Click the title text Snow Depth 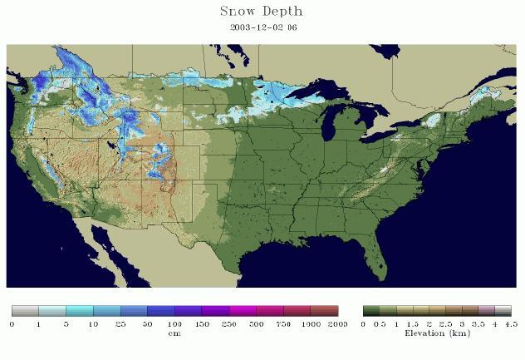pyautogui.click(x=261, y=12)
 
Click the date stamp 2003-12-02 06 pyautogui.click(x=263, y=27)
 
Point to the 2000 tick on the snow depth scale pyautogui.click(x=338, y=323)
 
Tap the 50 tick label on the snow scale pyautogui.click(x=148, y=323)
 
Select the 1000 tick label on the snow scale pyautogui.click(x=311, y=323)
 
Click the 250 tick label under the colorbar pyautogui.click(x=229, y=323)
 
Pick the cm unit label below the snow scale pyautogui.click(x=175, y=333)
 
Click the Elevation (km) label pyautogui.click(x=436, y=333)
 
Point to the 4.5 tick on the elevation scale pyautogui.click(x=510, y=323)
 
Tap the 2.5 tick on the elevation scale pyautogui.click(x=444, y=323)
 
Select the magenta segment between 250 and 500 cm pyautogui.click(x=243, y=311)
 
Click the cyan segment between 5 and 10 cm pyautogui.click(x=80, y=311)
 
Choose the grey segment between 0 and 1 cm pyautogui.click(x=25, y=311)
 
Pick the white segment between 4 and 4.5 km pyautogui.click(x=503, y=311)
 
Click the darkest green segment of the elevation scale pyautogui.click(x=370, y=311)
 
